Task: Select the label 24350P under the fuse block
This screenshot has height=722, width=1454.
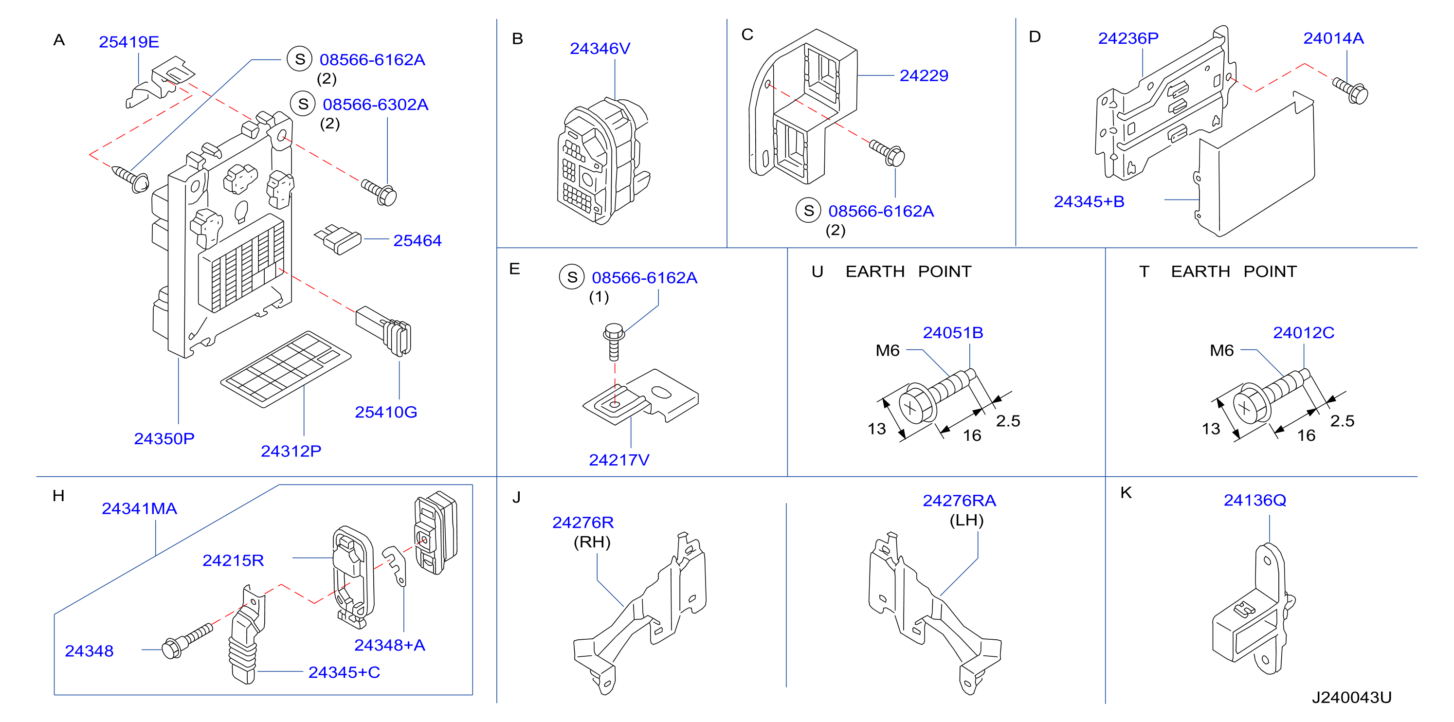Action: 164,439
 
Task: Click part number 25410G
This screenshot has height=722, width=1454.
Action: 386,412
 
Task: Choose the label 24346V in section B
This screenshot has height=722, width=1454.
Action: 600,49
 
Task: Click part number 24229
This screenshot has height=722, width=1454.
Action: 924,75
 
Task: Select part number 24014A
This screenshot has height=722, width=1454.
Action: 1333,38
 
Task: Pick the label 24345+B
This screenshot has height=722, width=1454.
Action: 1089,201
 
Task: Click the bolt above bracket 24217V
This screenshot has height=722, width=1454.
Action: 614,341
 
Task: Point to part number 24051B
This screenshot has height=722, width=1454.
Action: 953,332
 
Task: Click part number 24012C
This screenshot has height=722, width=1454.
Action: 1303,332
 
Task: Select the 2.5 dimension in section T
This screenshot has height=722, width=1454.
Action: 1342,420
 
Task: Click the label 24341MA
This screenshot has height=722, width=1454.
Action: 140,508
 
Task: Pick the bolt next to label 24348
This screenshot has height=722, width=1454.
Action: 187,641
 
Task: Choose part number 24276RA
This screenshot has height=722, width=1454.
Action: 959,501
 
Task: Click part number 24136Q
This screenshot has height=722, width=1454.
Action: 1255,500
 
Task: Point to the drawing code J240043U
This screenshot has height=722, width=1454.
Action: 1351,698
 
